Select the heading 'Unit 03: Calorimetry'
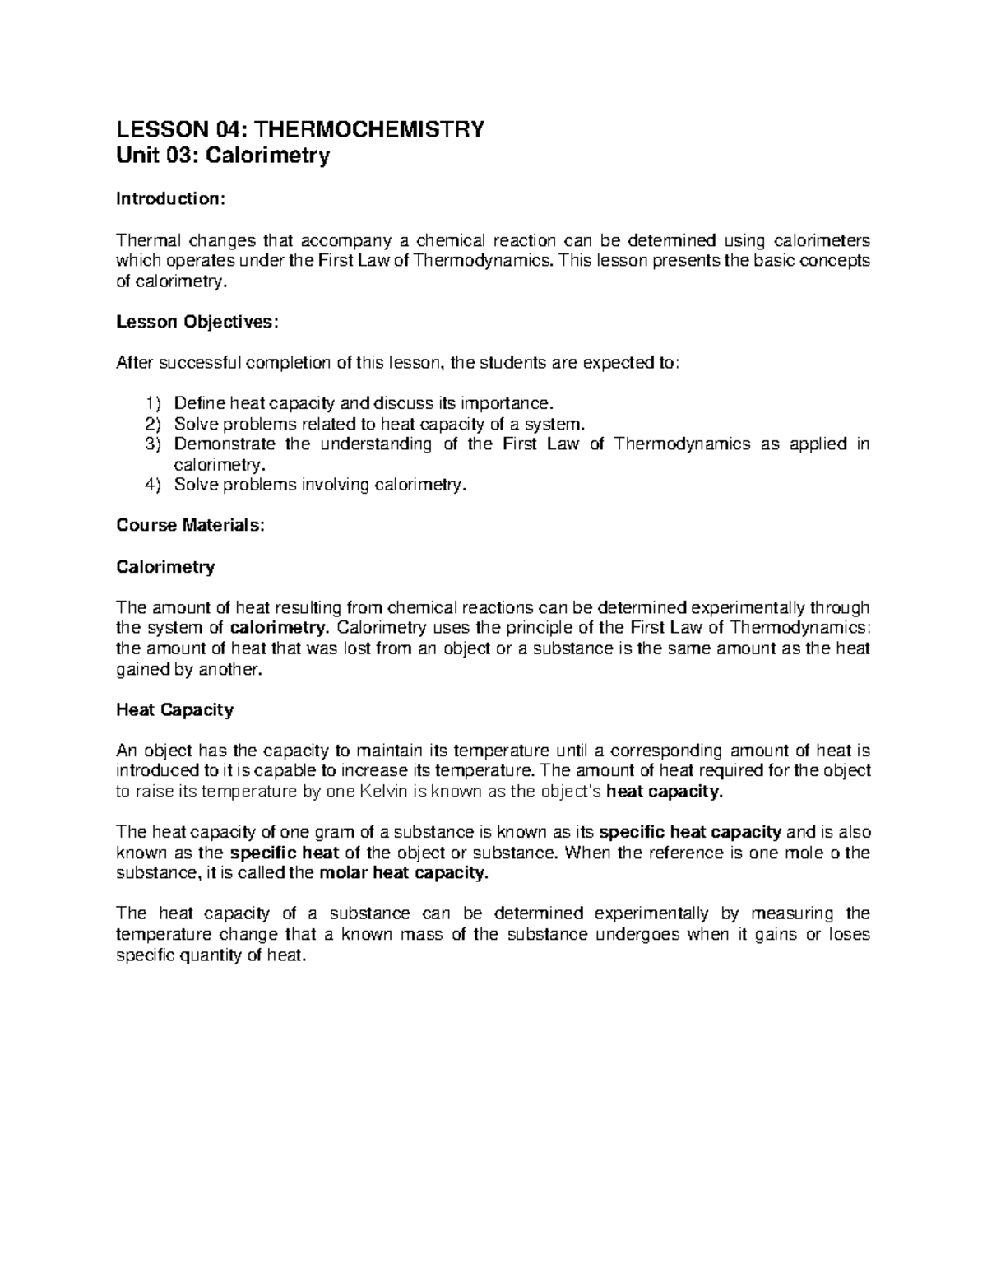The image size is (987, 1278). (x=223, y=156)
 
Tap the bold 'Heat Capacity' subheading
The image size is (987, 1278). (x=174, y=709)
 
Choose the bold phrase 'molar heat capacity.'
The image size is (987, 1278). (x=402, y=873)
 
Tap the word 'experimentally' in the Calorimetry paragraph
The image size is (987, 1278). (x=748, y=607)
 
